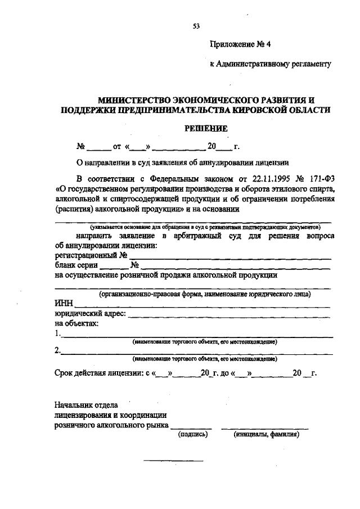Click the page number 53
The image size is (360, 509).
pos(196,26)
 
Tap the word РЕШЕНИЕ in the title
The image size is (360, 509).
pos(206,128)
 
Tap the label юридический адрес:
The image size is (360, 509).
pos(90,314)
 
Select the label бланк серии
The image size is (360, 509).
pos(77,265)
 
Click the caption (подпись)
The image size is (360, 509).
pos(193,434)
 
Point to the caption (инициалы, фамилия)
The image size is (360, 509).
pos(266,434)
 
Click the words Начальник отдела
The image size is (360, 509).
pos(85,404)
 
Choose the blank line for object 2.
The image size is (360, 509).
pos(197,353)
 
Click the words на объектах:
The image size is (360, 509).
pos(76,323)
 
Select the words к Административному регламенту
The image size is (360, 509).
pos(269,64)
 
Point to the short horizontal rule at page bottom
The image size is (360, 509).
pos(173,461)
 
